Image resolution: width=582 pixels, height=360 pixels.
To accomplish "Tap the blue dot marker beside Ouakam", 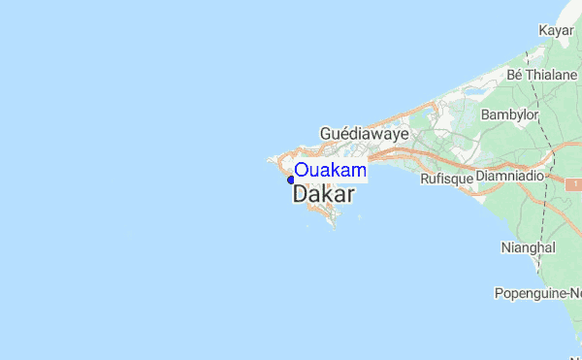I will coord(290,179).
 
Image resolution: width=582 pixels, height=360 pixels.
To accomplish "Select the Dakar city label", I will coord(323,195).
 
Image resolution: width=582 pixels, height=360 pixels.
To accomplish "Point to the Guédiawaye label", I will coord(364,134).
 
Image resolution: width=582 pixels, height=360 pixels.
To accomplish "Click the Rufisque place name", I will coord(446,180).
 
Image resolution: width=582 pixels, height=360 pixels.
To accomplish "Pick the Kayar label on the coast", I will coord(557,32).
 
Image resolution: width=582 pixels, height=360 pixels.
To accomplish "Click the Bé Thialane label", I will coord(541,74).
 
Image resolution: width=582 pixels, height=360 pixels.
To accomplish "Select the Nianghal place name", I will coord(528,247).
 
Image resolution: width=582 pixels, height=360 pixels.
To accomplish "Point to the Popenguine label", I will coord(537,292).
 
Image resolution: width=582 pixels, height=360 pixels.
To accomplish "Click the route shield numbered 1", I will coord(574,183).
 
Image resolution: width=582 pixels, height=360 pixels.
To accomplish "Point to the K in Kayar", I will coord(543,32).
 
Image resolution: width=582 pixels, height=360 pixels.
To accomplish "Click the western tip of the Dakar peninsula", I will coord(270,160).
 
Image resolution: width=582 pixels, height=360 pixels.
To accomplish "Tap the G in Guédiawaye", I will coord(326,134).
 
